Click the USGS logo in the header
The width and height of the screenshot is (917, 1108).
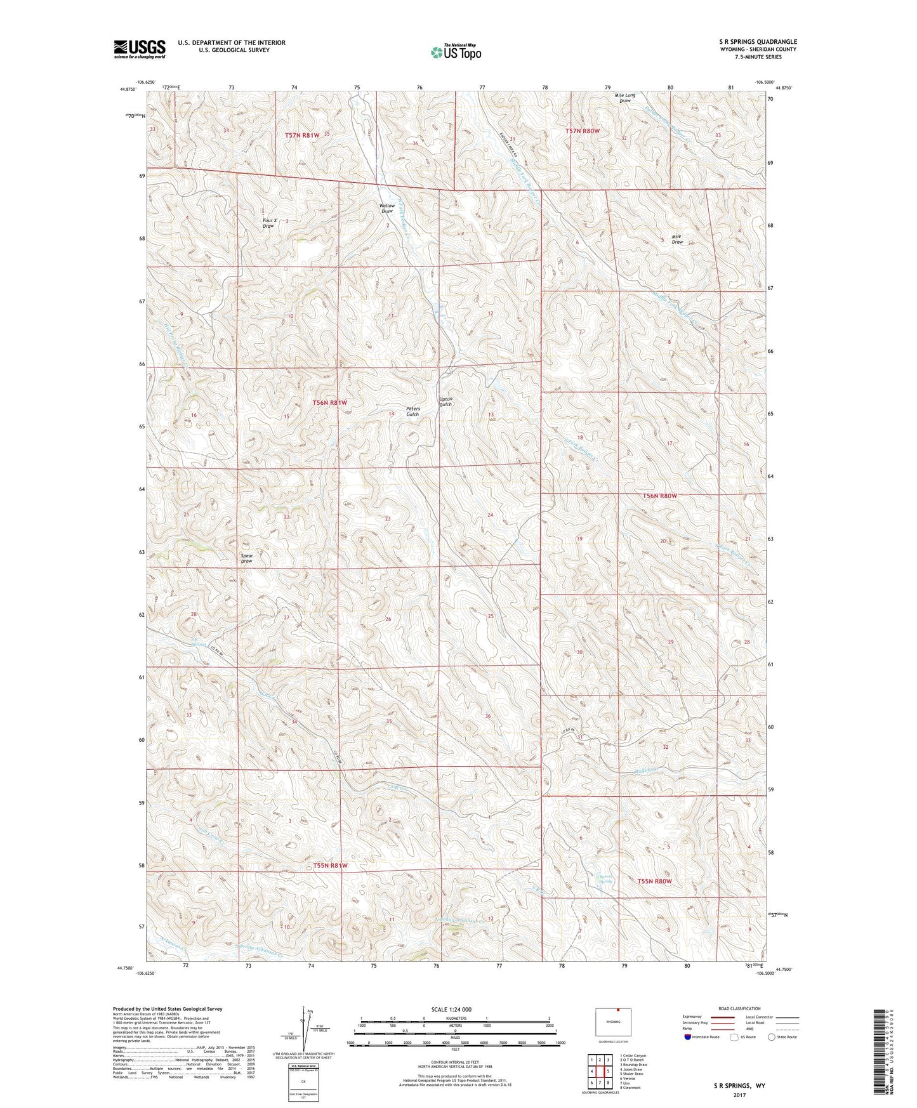[x=140, y=48]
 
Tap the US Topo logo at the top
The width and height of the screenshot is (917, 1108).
[x=455, y=52]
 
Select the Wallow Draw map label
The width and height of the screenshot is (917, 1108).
[x=387, y=208]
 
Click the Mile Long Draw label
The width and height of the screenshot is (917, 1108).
[x=624, y=98]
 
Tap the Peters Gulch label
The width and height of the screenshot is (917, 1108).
[x=412, y=411]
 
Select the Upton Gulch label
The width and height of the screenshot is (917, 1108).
[x=445, y=402]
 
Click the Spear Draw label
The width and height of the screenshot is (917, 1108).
[x=247, y=558]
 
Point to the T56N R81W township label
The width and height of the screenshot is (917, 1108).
[x=330, y=403]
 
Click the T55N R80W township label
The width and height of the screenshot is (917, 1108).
[x=654, y=881]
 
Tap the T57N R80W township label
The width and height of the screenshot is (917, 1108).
[x=582, y=131]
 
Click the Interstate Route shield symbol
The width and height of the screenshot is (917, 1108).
[x=689, y=1037]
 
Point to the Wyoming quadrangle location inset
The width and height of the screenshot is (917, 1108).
[x=612, y=1023]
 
